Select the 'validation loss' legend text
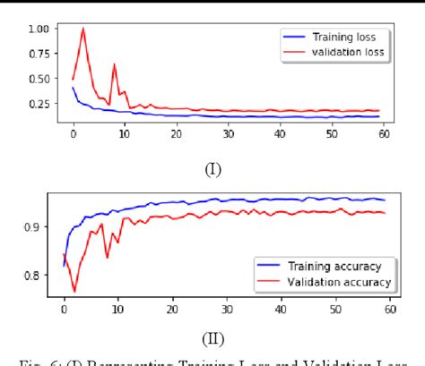point(347,52)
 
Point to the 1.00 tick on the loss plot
point(39,29)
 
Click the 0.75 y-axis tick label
point(39,54)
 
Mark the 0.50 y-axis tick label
point(39,79)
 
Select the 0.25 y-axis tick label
point(39,104)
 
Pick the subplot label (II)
point(212,337)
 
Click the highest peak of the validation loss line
point(83,29)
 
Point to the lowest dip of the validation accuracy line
point(74,292)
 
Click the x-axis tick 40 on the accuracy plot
point(281,310)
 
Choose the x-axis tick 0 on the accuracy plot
point(64,310)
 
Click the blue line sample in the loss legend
point(295,38)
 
